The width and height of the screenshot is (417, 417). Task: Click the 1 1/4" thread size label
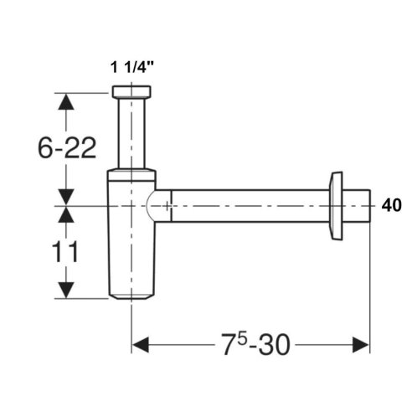[x=132, y=67]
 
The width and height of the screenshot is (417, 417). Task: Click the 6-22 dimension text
[x=67, y=148]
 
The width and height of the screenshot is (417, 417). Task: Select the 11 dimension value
[x=64, y=252]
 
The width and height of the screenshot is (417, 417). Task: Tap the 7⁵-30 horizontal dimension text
[x=255, y=344]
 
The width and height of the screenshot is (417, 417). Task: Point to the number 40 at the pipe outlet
[x=392, y=206]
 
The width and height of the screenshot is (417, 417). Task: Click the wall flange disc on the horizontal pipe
[x=336, y=206]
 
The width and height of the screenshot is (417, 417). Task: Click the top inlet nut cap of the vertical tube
[x=131, y=91]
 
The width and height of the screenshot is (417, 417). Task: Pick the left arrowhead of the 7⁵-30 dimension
[x=141, y=345]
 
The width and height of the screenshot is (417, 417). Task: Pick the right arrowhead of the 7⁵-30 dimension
[x=361, y=345]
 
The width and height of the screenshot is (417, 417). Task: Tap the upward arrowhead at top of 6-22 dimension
[x=66, y=101]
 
